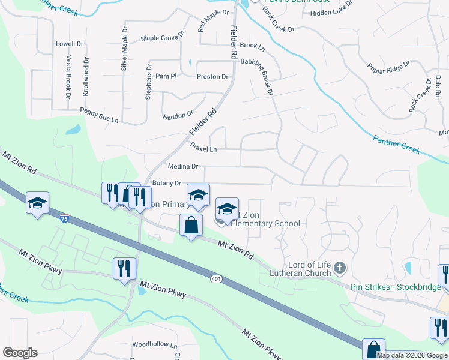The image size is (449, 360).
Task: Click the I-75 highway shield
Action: [x=64, y=220]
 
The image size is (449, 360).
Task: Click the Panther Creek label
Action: [x=396, y=144]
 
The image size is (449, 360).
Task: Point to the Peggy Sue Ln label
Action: [x=100, y=115]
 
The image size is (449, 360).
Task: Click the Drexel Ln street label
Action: [x=203, y=146]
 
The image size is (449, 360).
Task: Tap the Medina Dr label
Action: [x=183, y=166]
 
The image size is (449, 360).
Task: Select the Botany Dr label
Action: [x=167, y=183]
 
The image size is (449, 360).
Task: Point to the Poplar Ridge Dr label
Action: [x=388, y=69]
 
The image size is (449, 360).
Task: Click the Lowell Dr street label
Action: [x=70, y=44]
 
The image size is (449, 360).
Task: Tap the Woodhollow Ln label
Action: [x=155, y=345]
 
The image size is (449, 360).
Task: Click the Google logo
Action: [x=20, y=353]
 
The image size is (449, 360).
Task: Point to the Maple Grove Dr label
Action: [x=159, y=38]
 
